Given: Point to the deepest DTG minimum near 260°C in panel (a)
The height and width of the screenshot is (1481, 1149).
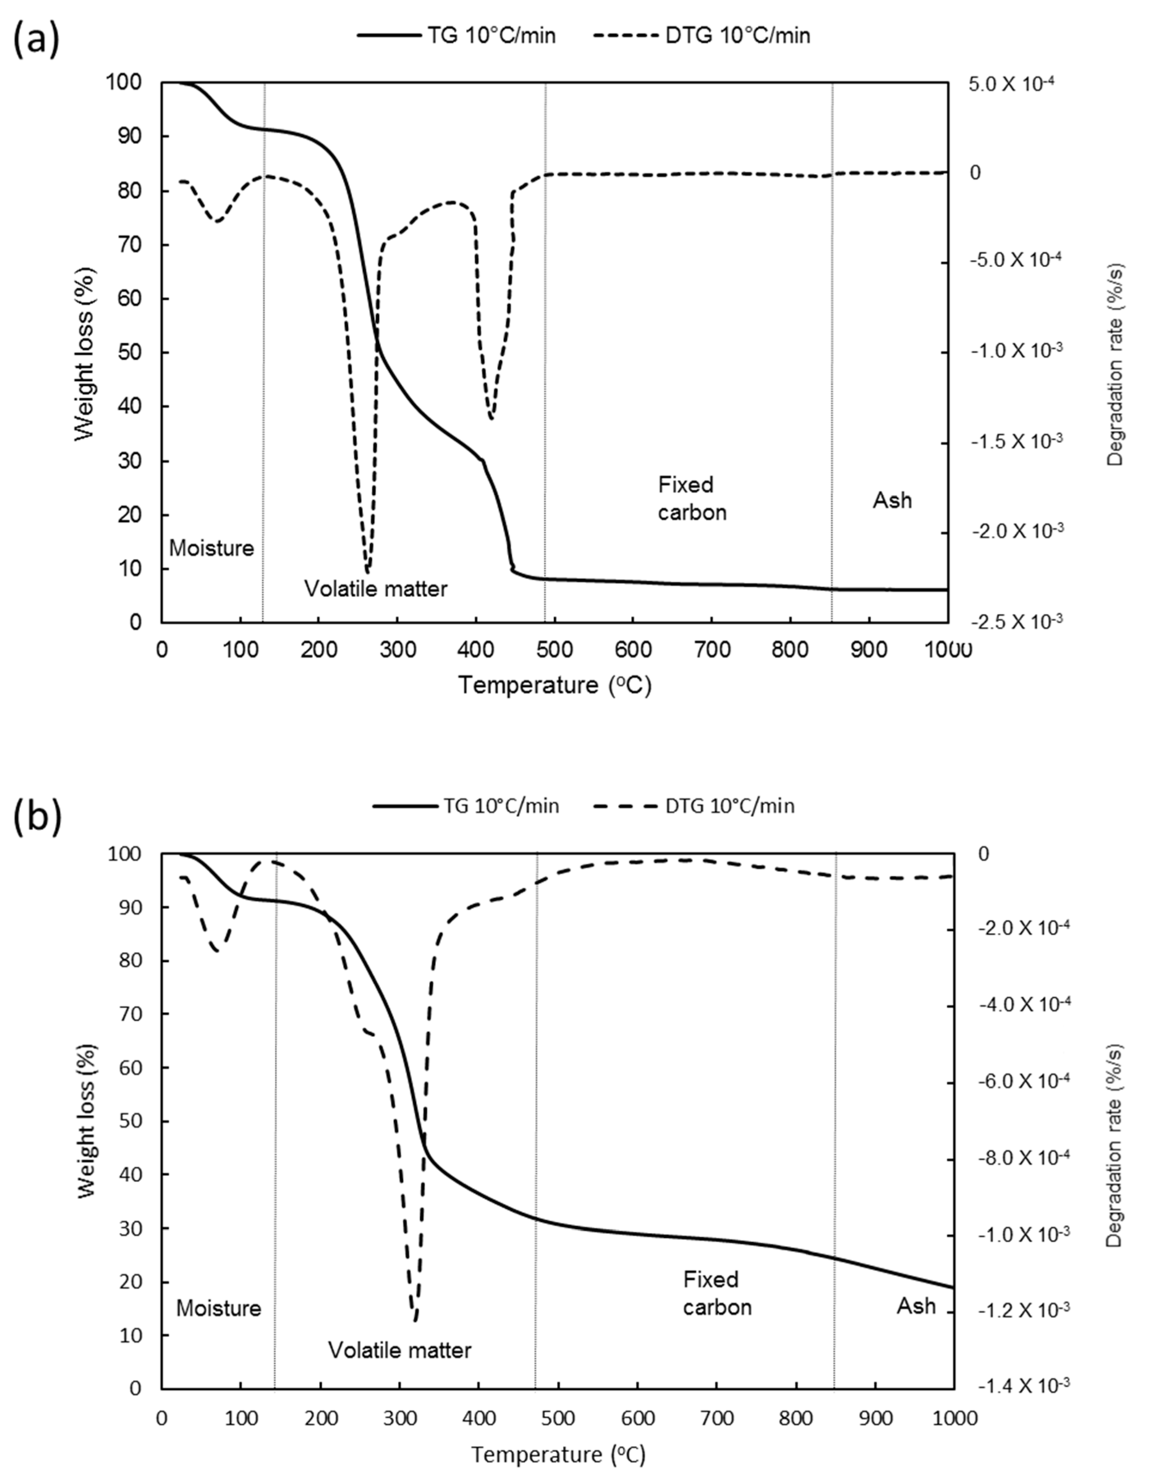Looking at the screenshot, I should tap(367, 572).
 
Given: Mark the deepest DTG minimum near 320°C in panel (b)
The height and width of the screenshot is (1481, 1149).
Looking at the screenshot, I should tap(415, 1320).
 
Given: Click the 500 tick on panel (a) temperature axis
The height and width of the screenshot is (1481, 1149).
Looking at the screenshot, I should tap(554, 650).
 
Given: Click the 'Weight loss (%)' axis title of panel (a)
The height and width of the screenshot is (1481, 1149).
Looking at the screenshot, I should tap(85, 353).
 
